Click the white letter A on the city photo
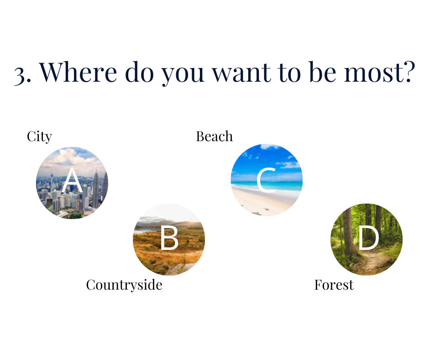tap(72, 180)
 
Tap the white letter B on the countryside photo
tap(169, 238)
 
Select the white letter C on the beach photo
tap(266, 180)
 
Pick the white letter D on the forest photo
tap(369, 238)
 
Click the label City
tap(39, 137)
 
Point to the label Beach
tap(214, 137)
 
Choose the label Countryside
tap(124, 285)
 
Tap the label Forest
tap(334, 285)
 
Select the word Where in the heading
tap(78, 72)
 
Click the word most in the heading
tap(374, 73)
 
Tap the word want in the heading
tap(242, 73)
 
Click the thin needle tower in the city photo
tap(52, 181)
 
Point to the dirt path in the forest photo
tap(373, 263)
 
